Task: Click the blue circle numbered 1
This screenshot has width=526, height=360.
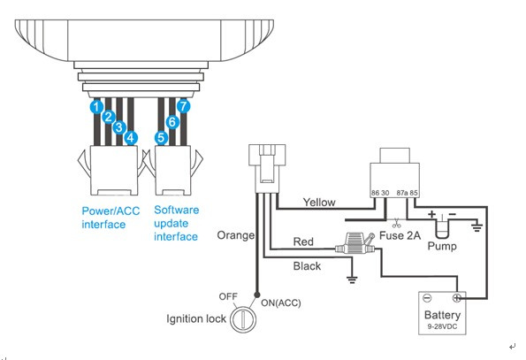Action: click(x=96, y=107)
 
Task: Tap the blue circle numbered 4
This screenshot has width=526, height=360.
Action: click(x=131, y=137)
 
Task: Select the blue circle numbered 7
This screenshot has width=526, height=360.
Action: click(x=183, y=106)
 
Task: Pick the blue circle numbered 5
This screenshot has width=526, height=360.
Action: click(x=161, y=138)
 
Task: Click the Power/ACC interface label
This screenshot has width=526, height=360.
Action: click(x=111, y=218)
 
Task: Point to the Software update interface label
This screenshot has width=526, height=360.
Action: click(x=176, y=223)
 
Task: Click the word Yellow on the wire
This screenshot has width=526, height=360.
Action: click(x=319, y=202)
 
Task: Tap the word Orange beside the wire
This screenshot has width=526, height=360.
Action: click(x=235, y=235)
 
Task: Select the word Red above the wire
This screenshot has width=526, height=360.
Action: click(x=303, y=241)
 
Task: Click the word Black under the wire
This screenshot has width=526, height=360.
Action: click(x=307, y=266)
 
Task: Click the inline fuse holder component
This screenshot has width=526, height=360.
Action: click(x=354, y=244)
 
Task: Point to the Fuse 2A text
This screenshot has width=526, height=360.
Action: click(x=400, y=235)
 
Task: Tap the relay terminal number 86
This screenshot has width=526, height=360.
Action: click(x=375, y=193)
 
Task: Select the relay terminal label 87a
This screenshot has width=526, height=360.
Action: click(x=402, y=193)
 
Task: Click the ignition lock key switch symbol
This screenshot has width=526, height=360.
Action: click(x=243, y=318)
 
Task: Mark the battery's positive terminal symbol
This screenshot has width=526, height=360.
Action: click(x=456, y=297)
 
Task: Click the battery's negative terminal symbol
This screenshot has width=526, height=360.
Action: click(x=427, y=298)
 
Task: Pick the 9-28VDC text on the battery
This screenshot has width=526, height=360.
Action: click(x=442, y=326)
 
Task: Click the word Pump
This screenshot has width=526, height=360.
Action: click(x=442, y=246)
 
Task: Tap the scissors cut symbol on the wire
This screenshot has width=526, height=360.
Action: click(x=397, y=223)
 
